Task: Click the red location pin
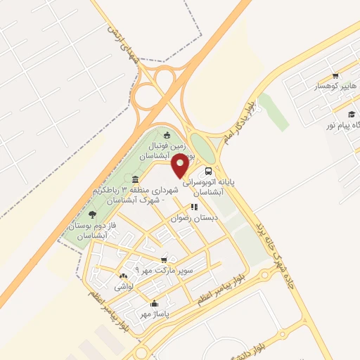click(x=180, y=165)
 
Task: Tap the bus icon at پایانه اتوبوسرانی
click(x=208, y=171)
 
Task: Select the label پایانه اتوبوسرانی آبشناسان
click(x=208, y=186)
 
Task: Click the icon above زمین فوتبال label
click(x=167, y=136)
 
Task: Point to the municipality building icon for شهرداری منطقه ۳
click(x=135, y=179)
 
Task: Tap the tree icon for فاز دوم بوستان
click(x=92, y=214)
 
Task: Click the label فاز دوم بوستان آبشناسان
click(x=91, y=230)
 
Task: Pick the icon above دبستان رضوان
click(x=193, y=207)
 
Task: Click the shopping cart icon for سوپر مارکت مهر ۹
click(x=164, y=259)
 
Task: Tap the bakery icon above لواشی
click(x=123, y=276)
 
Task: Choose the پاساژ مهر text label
click(x=156, y=315)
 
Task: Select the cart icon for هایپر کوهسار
click(x=335, y=76)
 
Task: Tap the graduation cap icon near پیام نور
click(x=351, y=114)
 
